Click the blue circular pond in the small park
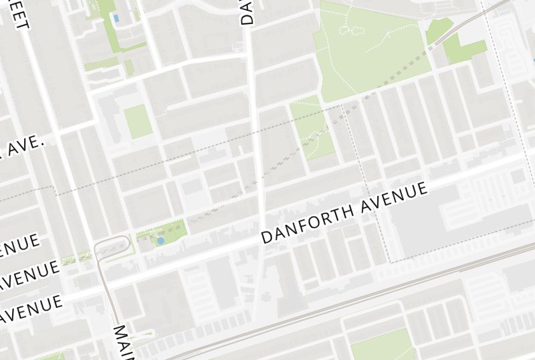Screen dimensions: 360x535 pos(160,240)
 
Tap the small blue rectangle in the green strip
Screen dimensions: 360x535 pos(116,17)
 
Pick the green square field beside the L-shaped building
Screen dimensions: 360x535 pos(138,121)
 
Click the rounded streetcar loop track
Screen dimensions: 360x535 pos(112,244)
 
